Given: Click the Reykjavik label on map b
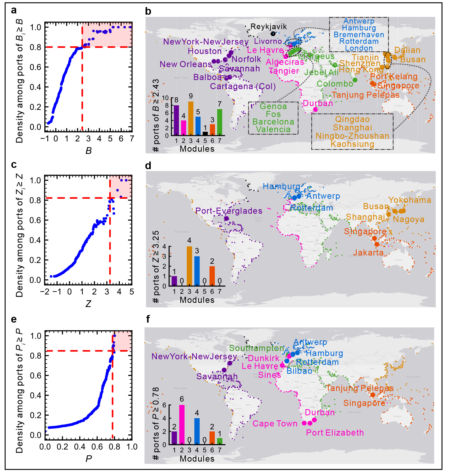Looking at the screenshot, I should point(268,27).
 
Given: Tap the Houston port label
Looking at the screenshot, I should point(205,51).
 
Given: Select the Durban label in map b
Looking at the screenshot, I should point(318,103).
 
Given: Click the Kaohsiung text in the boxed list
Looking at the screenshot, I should point(352,144).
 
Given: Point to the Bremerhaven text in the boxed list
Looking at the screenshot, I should point(359,35).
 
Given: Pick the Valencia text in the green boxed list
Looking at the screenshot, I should point(273,129).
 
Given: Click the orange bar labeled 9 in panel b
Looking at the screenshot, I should point(191,118).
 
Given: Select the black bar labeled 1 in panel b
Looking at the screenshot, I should point(205,133).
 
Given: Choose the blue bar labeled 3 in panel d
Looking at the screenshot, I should point(197,271).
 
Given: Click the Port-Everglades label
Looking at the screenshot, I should point(229,211).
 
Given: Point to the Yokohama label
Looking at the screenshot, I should point(410,200).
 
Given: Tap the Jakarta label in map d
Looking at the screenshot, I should point(368,252).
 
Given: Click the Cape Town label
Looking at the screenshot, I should point(275,424).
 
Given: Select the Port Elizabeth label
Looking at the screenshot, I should point(335,433).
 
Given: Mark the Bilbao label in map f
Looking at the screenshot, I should point(299,371).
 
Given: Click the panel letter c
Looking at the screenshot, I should point(14,165).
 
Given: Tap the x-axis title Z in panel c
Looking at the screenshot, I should point(88,304).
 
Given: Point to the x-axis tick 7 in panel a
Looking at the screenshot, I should point(132,139).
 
